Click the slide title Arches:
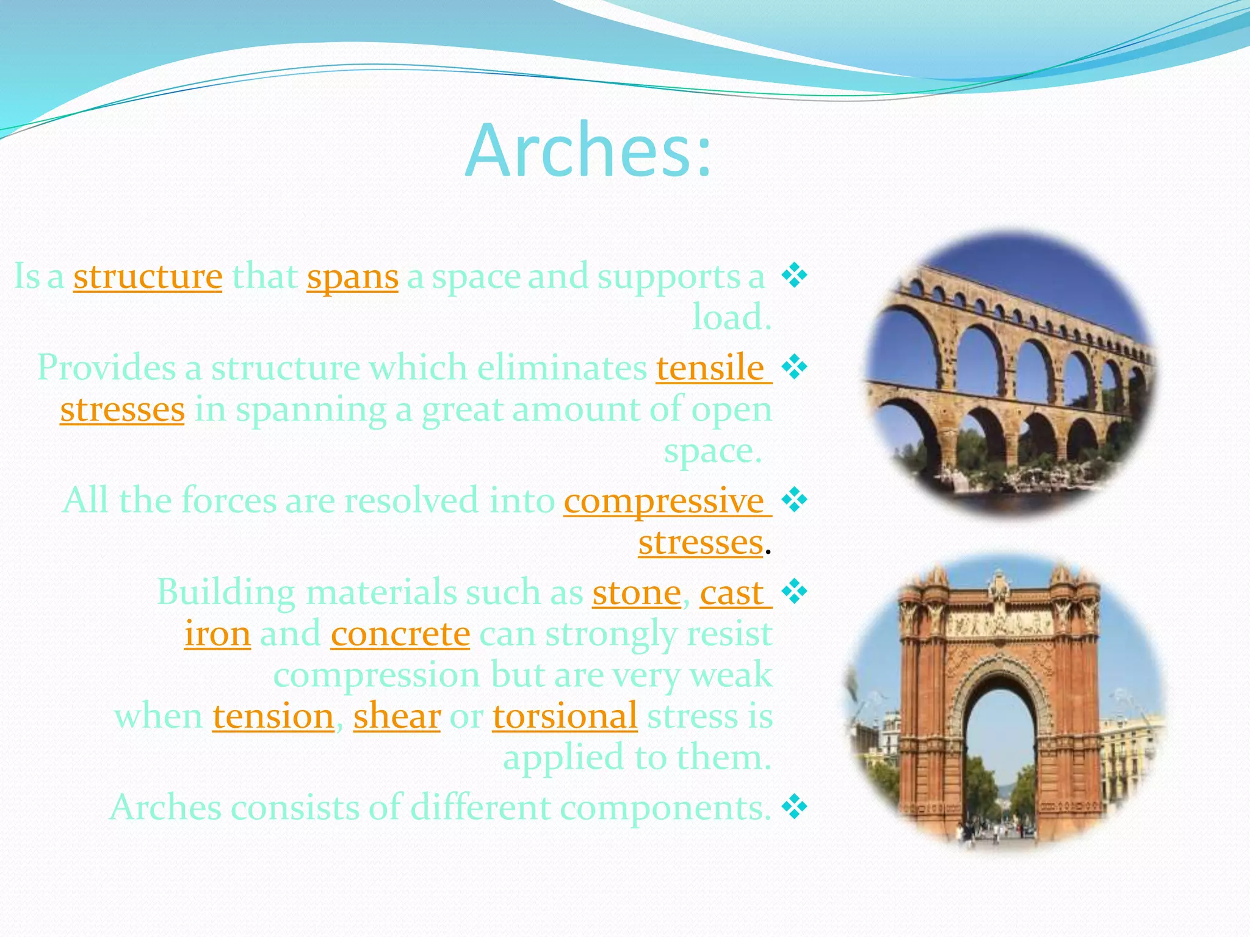coord(588,151)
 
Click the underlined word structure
coord(148,276)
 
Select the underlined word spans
coord(352,276)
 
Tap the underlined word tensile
coord(710,368)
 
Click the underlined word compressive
coord(664,501)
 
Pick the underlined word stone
coord(636,592)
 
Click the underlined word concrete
coord(400,634)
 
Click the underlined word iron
coord(217,634)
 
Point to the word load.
coord(731,317)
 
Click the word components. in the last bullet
coord(665,808)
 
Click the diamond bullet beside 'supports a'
coord(794,276)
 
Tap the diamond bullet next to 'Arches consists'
coord(794,807)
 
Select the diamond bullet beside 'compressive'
coord(794,500)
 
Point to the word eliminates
coord(562,368)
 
